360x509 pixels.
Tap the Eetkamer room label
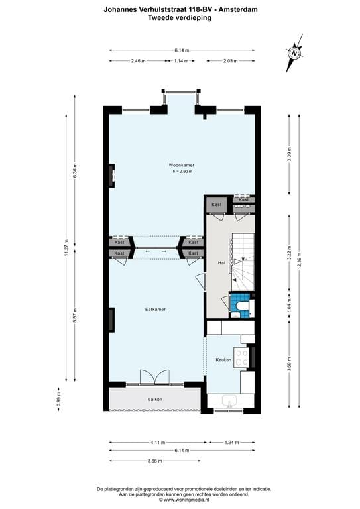(155, 309)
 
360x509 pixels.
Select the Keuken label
(223, 360)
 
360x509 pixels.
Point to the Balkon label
(154, 399)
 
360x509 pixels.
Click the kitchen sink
(230, 401)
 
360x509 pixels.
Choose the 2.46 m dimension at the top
(138, 61)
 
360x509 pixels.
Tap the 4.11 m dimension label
(155, 442)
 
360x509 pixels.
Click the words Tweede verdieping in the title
(180, 18)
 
